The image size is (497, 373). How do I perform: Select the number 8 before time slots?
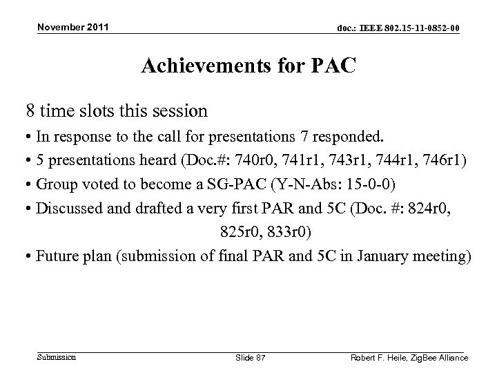[30, 110]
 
